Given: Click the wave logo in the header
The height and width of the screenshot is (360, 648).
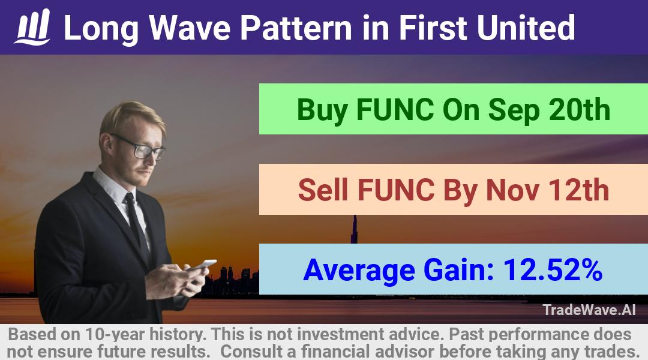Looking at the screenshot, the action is click(32, 27).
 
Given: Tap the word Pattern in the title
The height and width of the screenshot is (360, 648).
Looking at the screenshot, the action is click(295, 28).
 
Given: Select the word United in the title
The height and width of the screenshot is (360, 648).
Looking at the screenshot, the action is click(526, 28).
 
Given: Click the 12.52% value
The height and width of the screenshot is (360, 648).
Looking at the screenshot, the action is click(553, 269).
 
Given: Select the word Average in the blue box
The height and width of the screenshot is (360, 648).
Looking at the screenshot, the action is click(359, 271).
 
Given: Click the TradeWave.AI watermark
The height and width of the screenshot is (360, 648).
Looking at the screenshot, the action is click(589, 310).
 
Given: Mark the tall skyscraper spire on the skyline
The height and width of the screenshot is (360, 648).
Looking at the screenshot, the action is click(354, 229).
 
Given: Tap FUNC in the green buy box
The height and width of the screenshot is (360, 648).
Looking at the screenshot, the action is click(395, 109).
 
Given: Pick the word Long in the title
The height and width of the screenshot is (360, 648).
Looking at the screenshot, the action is click(101, 29).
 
